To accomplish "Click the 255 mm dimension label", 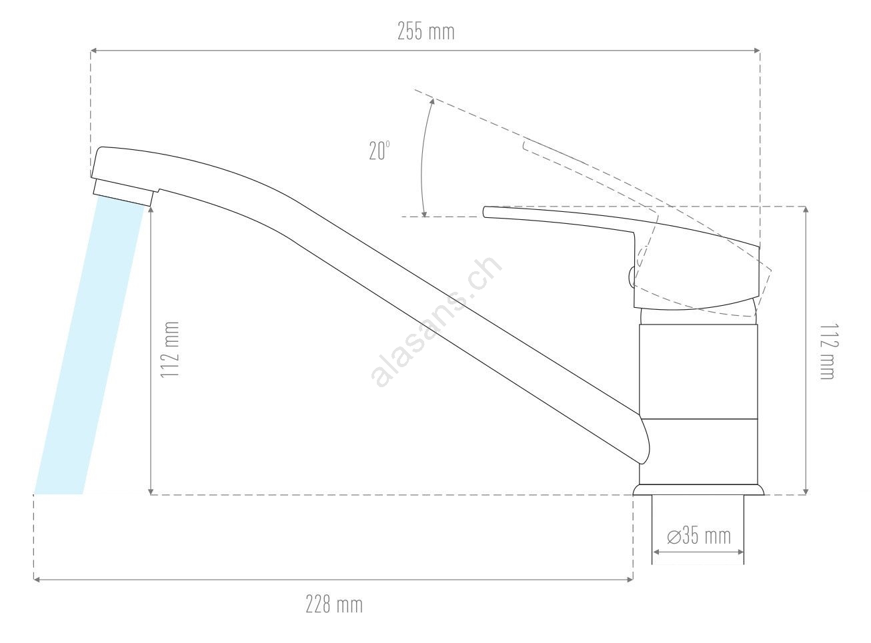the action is point(426,32).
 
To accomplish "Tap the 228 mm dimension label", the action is point(334,604).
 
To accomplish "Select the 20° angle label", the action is point(379,151).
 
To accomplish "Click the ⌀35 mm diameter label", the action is point(699,536).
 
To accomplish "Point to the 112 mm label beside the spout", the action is point(170,350).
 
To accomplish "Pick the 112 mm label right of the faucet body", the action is point(829,352).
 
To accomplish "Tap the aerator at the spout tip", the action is point(123,192).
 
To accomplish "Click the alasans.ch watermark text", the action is point(436,322).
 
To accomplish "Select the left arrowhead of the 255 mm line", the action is point(93,51).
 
